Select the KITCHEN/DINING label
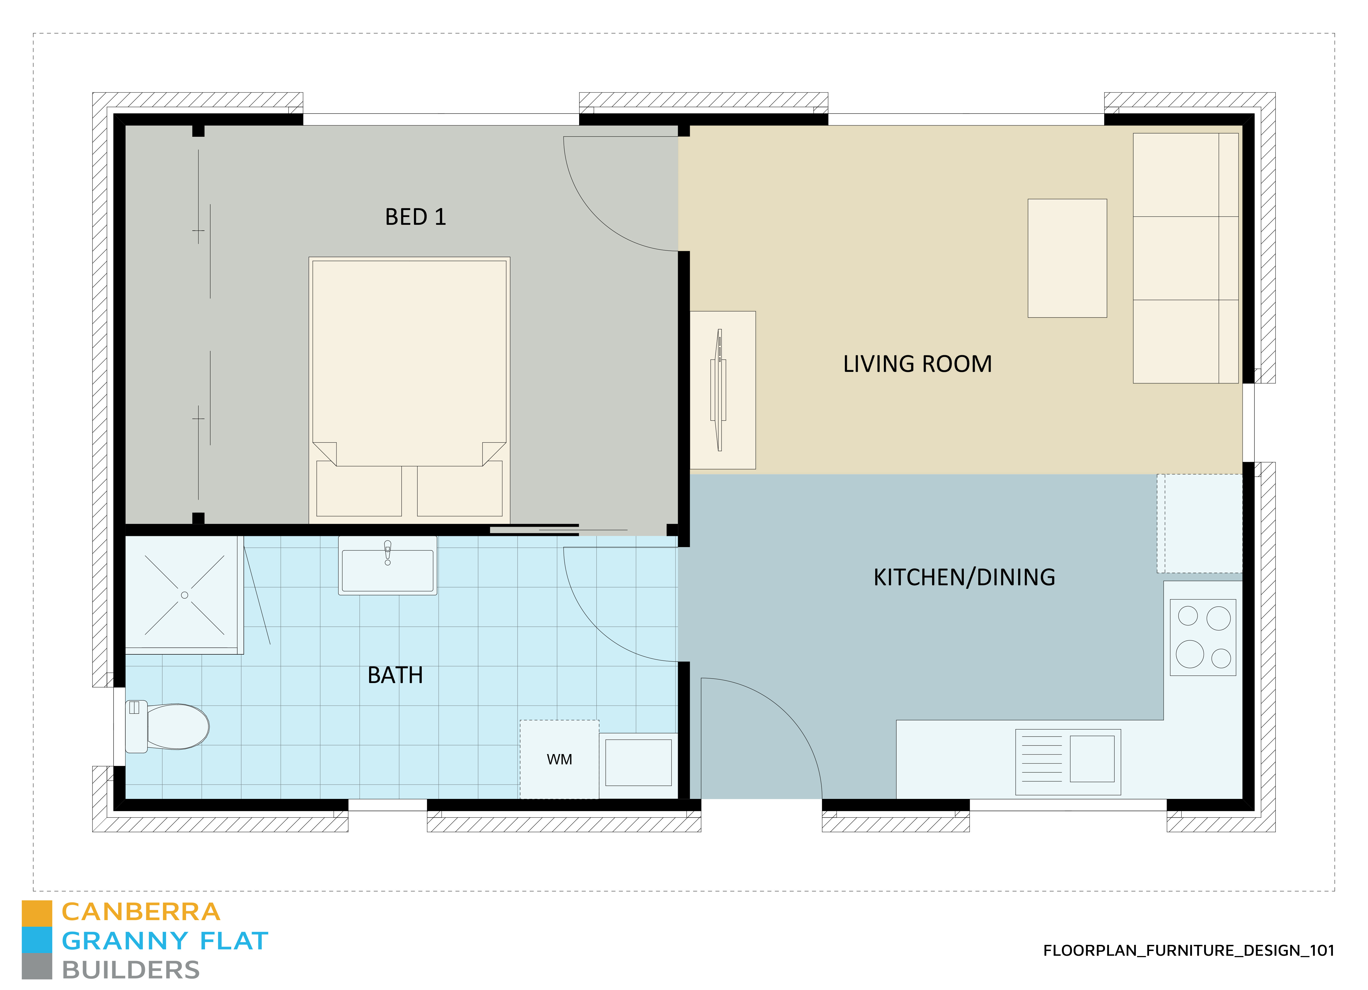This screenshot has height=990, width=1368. pos(964,577)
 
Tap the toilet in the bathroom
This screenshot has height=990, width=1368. pos(167,726)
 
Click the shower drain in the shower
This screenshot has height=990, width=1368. pos(185,595)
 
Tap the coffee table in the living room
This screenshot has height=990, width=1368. pos(1067,258)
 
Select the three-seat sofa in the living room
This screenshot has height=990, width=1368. pos(1186,258)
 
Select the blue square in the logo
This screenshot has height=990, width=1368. pos(37,940)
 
